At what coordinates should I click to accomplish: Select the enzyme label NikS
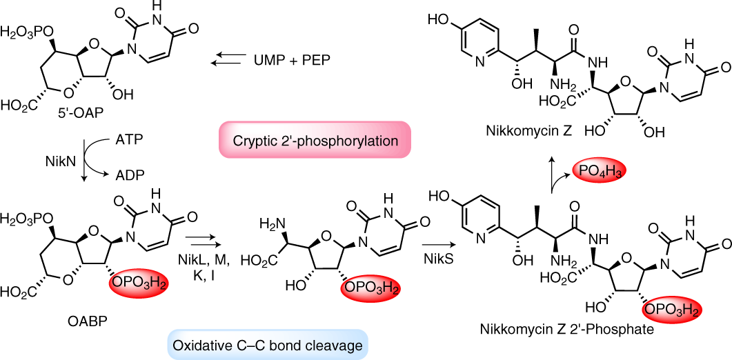pyautogui.click(x=437, y=261)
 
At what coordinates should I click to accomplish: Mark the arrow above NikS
pyautogui.click(x=436, y=243)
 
